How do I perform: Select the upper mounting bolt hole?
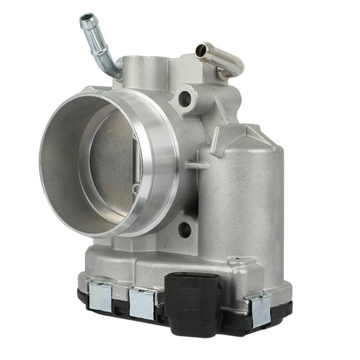click(x=184, y=98)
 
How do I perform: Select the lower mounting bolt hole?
click(x=184, y=229)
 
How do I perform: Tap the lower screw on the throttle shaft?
click(x=136, y=187)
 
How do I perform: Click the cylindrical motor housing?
click(x=241, y=200)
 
